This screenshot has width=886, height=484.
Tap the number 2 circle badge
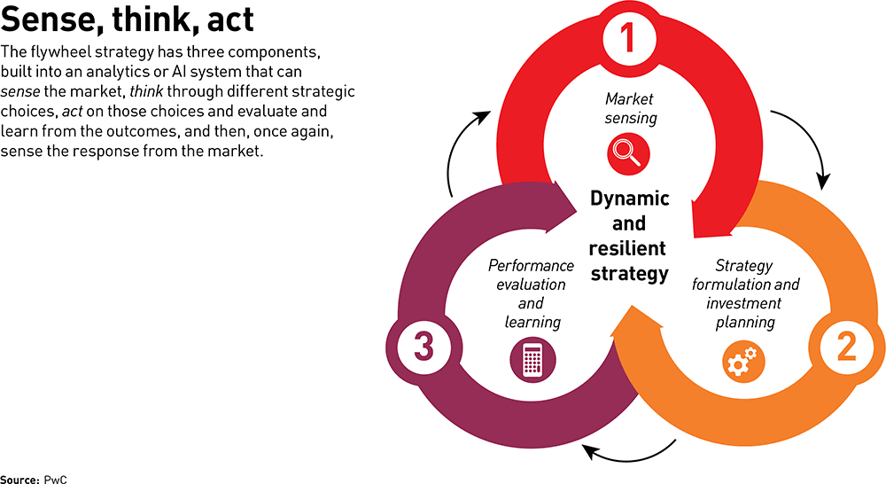pyautogui.click(x=845, y=347)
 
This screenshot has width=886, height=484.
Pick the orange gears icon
pyautogui.click(x=741, y=362)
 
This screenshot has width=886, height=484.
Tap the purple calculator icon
pyautogui.click(x=532, y=361)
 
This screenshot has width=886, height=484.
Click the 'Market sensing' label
pyautogui.click(x=630, y=107)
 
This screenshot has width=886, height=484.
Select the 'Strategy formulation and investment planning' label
pyautogui.click(x=745, y=293)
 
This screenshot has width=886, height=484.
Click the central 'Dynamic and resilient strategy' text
pyautogui.click(x=630, y=235)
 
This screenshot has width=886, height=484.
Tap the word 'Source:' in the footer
pyautogui.click(x=19, y=478)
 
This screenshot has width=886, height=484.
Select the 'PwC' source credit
pyautogui.click(x=56, y=478)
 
